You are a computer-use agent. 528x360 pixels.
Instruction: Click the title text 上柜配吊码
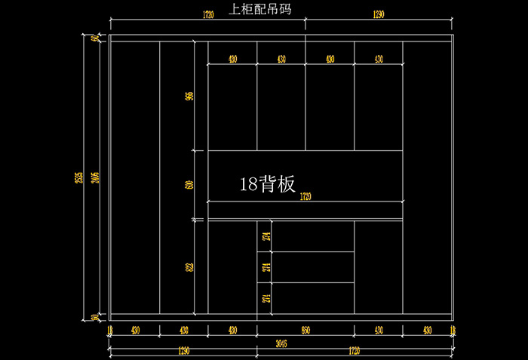point(260,10)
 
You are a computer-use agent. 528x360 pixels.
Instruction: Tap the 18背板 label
point(267,183)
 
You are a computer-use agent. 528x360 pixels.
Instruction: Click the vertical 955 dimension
point(189,96)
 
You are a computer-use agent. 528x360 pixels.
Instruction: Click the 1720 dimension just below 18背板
point(305,197)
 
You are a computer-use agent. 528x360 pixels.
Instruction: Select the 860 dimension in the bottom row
point(305,330)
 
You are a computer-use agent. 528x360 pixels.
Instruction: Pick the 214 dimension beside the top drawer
point(266,236)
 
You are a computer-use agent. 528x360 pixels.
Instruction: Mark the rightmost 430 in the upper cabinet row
point(379,59)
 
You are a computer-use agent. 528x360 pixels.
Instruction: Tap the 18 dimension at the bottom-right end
point(452,330)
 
